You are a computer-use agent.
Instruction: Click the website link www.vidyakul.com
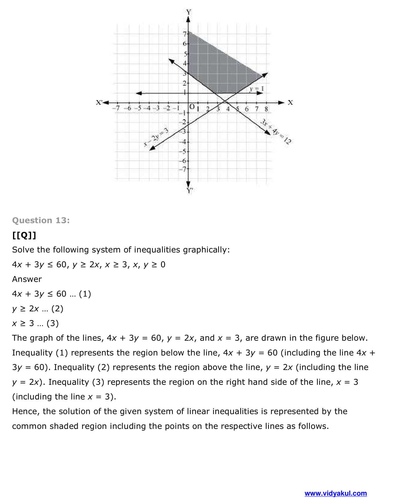(335, 493)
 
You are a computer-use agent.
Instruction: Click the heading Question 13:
(41, 220)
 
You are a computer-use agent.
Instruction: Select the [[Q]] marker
(24, 235)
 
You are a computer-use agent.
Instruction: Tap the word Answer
(27, 279)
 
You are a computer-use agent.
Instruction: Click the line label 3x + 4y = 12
(276, 131)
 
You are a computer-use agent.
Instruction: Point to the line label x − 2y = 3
(156, 136)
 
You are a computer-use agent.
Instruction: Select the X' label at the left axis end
(99, 102)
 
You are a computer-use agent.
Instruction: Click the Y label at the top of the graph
(189, 12)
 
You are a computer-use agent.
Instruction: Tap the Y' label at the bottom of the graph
(189, 190)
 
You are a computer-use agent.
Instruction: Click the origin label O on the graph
(192, 107)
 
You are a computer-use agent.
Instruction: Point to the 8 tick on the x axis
(266, 109)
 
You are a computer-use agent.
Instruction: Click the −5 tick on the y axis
(183, 151)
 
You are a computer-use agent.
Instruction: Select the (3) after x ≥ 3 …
(53, 323)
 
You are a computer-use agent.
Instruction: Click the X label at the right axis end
(290, 102)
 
